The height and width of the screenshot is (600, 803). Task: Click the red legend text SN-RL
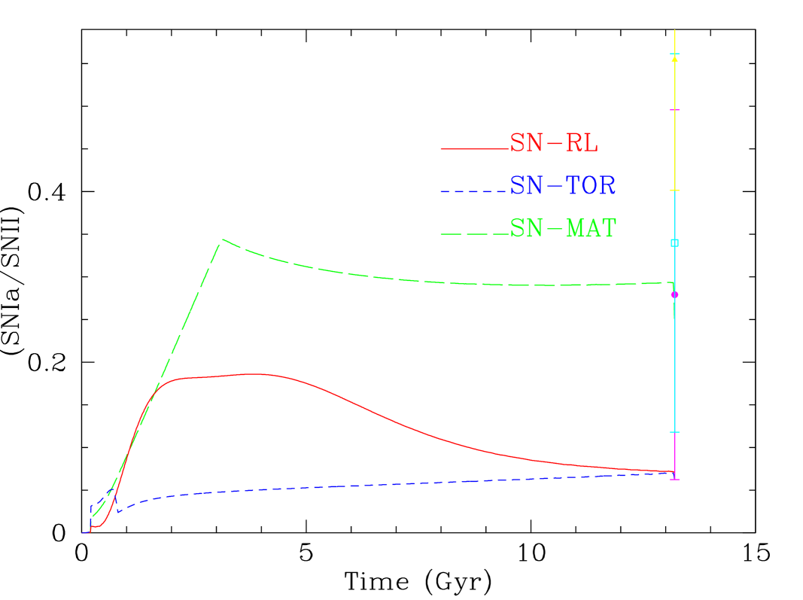[x=554, y=143]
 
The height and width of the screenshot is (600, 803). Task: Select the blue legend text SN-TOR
[x=563, y=185]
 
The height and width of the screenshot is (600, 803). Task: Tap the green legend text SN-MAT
[x=563, y=228]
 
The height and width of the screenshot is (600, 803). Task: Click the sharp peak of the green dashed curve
[x=222, y=240]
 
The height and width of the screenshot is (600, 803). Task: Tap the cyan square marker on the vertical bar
[x=675, y=242]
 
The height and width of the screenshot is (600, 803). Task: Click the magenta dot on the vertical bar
[x=675, y=294]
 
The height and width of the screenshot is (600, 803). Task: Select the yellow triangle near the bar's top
[x=675, y=58]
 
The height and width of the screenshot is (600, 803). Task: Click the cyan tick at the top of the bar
[x=675, y=54]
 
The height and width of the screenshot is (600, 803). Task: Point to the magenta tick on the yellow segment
[x=675, y=111]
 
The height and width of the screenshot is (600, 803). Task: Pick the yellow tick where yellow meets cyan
[x=675, y=190]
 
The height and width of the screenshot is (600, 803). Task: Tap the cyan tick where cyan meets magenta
[x=675, y=432]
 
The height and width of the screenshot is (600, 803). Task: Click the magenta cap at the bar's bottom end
[x=675, y=479]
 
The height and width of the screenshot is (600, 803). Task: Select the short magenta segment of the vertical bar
[x=675, y=455]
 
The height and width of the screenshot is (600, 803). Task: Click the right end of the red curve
[x=672, y=472]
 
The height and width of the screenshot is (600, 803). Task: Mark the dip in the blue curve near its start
[x=118, y=512]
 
